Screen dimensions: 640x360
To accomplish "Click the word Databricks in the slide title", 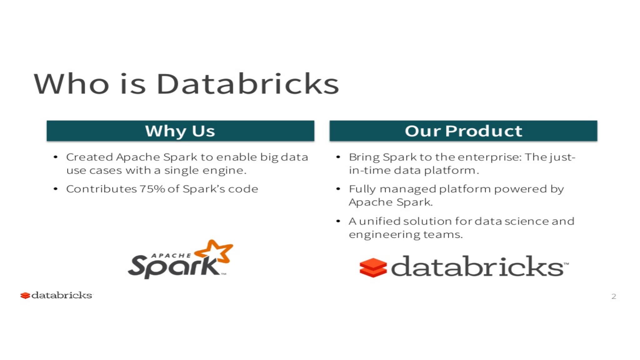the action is click(x=247, y=84).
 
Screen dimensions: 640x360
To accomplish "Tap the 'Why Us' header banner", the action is click(x=180, y=131).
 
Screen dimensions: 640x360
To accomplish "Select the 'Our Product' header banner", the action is click(x=463, y=131).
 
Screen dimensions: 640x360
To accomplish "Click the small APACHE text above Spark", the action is click(x=171, y=256).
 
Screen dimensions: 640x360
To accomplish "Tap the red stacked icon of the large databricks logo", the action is click(x=373, y=267).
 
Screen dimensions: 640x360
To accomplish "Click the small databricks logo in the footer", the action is click(x=56, y=295).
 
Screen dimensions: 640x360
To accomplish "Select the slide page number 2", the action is click(x=614, y=296).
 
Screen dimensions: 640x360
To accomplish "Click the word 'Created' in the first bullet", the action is click(x=89, y=157).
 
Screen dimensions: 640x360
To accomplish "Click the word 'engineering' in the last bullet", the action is click(x=385, y=235).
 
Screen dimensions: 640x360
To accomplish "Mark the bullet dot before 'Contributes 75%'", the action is click(x=56, y=189).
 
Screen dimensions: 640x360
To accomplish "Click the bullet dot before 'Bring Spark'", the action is click(x=338, y=157).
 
